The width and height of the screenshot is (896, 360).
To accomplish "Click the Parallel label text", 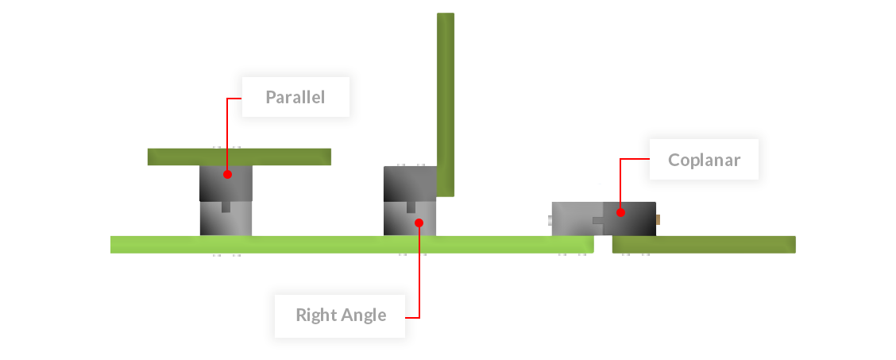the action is coord(295,97).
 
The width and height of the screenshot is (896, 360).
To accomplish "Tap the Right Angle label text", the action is coord(341,315).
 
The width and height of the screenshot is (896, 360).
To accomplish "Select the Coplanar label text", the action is coord(704,160).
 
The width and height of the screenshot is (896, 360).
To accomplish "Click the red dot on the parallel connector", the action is coord(227,174).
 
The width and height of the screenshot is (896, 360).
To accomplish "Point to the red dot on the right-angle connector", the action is coord(419,223).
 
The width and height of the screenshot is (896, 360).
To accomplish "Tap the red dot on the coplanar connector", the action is coord(620,212).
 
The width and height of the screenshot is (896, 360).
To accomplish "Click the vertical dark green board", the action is coord(446,105).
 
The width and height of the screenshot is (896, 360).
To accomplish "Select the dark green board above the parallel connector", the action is coord(239,157).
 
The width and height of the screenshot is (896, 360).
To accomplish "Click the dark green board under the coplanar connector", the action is coord(704,244).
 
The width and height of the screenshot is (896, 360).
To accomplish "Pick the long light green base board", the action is coord(352,245).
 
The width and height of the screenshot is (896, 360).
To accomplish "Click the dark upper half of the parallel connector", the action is coord(226,184).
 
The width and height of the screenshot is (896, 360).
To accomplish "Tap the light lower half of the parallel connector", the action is coord(226,219).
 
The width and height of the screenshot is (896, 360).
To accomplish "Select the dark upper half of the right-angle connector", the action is coord(410,184).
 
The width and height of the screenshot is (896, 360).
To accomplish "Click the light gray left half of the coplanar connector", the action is coord(577,219).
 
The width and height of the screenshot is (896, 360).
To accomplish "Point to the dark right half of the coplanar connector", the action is coord(630,219).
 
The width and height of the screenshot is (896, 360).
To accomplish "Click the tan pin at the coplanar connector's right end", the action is coord(658,219).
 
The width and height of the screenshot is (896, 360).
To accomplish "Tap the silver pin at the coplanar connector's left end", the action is coord(549,219).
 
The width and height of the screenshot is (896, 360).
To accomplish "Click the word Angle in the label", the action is coord(361,315).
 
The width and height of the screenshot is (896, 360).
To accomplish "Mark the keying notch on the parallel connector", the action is coord(226,207).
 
